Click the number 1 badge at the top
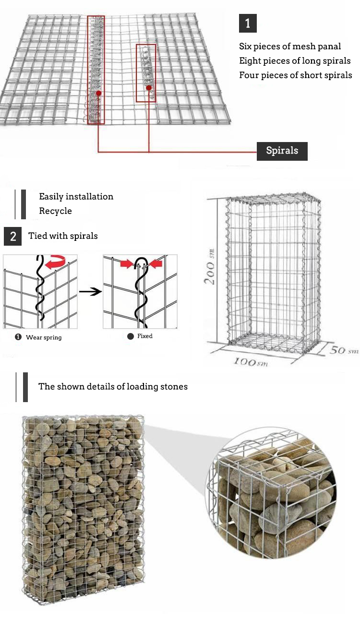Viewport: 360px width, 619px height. tap(248, 23)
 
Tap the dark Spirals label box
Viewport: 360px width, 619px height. tap(282, 151)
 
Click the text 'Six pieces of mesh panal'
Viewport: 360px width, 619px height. tap(290, 47)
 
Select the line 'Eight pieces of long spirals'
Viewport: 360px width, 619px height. tap(295, 61)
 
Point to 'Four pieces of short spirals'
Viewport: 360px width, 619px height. tap(296, 75)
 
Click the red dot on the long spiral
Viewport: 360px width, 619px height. tap(99, 93)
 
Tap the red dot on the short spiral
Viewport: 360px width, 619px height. tap(149, 88)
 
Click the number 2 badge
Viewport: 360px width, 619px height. tap(12, 236)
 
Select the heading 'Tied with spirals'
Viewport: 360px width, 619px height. tap(63, 236)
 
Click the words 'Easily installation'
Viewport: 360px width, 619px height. tap(76, 196)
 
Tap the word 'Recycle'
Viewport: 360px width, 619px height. tap(55, 211)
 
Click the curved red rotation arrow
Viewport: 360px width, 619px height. tap(56, 262)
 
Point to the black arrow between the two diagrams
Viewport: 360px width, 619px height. tap(90, 292)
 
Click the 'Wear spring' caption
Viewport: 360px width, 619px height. tap(44, 337)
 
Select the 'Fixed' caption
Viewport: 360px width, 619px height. tap(145, 336)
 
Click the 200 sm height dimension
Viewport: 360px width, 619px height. tap(210, 267)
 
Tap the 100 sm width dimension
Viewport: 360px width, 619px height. tap(251, 361)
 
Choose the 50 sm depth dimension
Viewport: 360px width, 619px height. tap(344, 350)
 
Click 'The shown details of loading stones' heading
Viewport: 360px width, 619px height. tap(113, 387)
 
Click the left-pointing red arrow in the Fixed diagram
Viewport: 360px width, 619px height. tap(157, 264)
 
